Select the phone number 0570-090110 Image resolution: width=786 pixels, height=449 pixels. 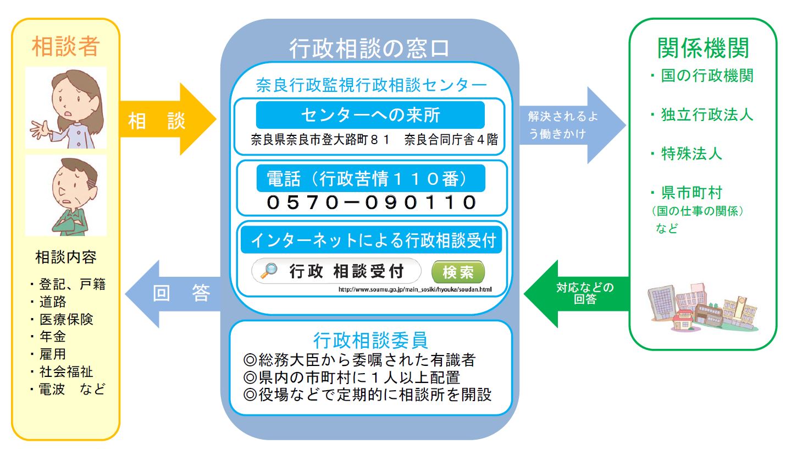tap(372, 202)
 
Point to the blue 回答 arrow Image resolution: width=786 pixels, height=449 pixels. tap(173, 293)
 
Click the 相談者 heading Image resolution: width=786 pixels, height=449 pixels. tap(65, 47)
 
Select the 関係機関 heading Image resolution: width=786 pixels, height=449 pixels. tap(703, 48)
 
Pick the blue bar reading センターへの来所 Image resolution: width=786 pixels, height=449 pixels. tap(370, 115)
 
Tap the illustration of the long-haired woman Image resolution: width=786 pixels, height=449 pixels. tap(66, 108)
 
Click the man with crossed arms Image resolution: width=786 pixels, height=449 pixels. tap(66, 195)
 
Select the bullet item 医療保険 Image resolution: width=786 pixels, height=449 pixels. tap(66, 320)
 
